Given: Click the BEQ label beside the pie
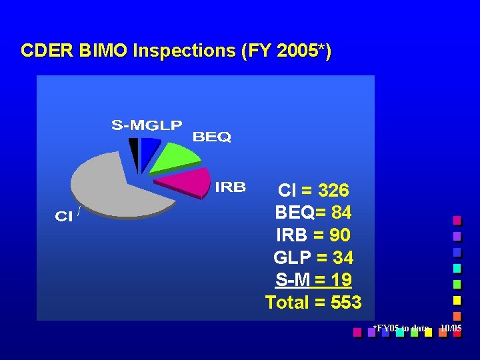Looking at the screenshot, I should [x=211, y=137].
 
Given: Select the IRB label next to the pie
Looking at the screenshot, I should [x=230, y=187].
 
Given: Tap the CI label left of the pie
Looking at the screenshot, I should [x=63, y=217].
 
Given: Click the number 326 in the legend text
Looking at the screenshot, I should [x=333, y=191].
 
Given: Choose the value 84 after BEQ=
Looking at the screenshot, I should [x=341, y=213].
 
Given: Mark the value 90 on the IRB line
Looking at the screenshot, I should [x=340, y=235].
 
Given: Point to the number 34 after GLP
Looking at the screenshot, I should [x=342, y=258].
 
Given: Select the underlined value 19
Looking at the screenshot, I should [x=341, y=280].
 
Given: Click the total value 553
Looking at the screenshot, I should [x=346, y=303].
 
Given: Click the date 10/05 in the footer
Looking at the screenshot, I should [x=451, y=328].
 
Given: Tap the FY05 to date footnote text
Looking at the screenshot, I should [x=401, y=328].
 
